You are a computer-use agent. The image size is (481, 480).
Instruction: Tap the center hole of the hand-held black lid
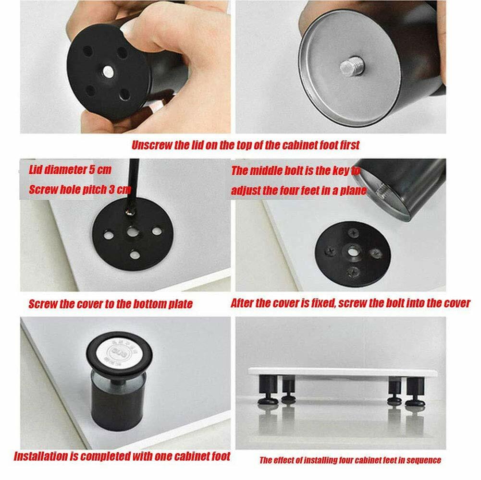pos(108,72)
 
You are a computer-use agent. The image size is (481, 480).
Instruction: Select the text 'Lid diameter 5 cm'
pos(70,170)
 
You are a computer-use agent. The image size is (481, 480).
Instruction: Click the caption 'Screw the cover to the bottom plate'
pos(111,304)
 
